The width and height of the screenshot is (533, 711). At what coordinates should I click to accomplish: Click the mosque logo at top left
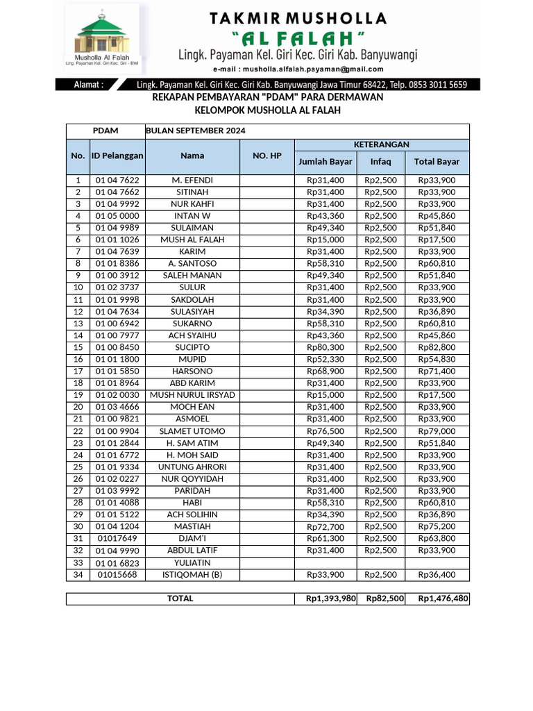click(104, 35)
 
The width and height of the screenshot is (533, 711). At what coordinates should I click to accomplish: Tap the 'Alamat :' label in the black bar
click(89, 85)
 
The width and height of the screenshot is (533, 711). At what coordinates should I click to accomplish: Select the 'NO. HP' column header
click(267, 156)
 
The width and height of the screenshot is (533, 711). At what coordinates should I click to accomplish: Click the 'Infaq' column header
click(380, 162)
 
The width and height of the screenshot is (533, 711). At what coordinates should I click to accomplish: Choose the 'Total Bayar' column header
click(437, 162)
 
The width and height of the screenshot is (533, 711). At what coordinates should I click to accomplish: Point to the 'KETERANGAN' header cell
click(382, 144)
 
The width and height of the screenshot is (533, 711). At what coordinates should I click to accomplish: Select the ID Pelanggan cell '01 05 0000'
click(117, 216)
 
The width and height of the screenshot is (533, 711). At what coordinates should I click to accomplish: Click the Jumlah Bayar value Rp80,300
click(325, 347)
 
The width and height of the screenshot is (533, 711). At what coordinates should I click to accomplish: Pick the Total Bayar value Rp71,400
click(437, 371)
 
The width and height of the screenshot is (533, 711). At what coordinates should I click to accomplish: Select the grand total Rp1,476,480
click(443, 599)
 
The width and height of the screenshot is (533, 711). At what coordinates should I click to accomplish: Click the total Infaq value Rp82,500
click(385, 599)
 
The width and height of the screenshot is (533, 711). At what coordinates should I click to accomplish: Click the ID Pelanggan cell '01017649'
click(117, 539)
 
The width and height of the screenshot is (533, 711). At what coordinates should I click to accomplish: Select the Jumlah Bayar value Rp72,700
click(325, 527)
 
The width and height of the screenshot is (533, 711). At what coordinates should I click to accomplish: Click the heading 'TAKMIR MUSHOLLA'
click(298, 17)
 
